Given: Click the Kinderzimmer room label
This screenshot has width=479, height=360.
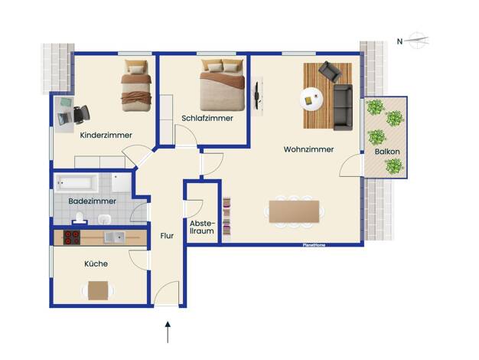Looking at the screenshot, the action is [x=106, y=135].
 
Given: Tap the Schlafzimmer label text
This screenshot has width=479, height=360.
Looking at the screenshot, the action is [x=207, y=118].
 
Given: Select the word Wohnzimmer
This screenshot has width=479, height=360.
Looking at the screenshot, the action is [x=308, y=149].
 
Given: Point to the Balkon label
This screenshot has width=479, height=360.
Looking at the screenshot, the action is [x=387, y=152].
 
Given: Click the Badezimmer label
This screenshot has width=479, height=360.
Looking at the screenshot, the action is [x=93, y=201].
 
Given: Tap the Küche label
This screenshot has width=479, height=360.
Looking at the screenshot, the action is [x=96, y=263].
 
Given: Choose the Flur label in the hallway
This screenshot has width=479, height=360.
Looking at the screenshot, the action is [x=167, y=236].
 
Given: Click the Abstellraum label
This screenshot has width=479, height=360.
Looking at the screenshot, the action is [x=202, y=227].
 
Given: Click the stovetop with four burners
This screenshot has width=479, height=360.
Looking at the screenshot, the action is [x=72, y=237].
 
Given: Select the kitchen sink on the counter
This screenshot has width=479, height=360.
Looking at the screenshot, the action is [x=114, y=237].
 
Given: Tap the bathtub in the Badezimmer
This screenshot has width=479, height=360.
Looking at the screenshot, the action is [x=77, y=183].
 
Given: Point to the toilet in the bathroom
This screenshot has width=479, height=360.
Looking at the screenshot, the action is [x=80, y=218].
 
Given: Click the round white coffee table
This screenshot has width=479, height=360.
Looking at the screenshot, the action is [x=311, y=99].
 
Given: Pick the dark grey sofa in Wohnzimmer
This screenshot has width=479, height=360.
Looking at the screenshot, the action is [x=343, y=107].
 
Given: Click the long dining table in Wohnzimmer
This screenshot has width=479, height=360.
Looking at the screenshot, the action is [x=294, y=211].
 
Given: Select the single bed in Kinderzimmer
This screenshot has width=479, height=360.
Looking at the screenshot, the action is [x=136, y=86].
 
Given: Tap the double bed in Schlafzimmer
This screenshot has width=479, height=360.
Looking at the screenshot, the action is [x=223, y=85].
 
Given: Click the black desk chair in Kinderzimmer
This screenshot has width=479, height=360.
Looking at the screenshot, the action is [x=81, y=114].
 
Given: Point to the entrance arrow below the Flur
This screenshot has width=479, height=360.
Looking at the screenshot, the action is [x=168, y=332].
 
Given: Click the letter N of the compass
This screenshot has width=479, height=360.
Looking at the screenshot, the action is [x=399, y=41].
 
